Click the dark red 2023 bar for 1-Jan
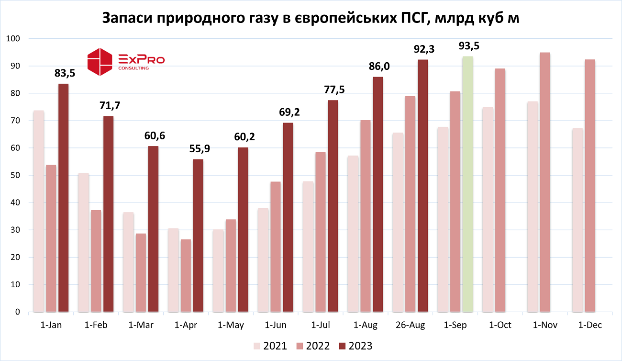click(63, 198)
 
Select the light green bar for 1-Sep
click(468, 184)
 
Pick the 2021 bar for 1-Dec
click(578, 220)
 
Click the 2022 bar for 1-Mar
click(141, 273)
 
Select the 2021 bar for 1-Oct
click(488, 210)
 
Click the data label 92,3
click(423, 49)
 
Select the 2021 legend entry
click(270, 346)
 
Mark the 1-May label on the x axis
click(231, 325)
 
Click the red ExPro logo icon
click(100, 62)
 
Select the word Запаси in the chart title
click(126, 18)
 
